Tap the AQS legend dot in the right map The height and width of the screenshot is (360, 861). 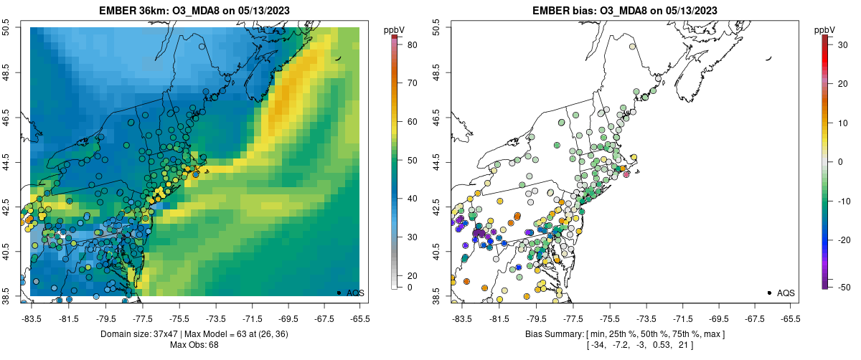click(769, 293)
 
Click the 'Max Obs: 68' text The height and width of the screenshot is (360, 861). click(194, 345)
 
